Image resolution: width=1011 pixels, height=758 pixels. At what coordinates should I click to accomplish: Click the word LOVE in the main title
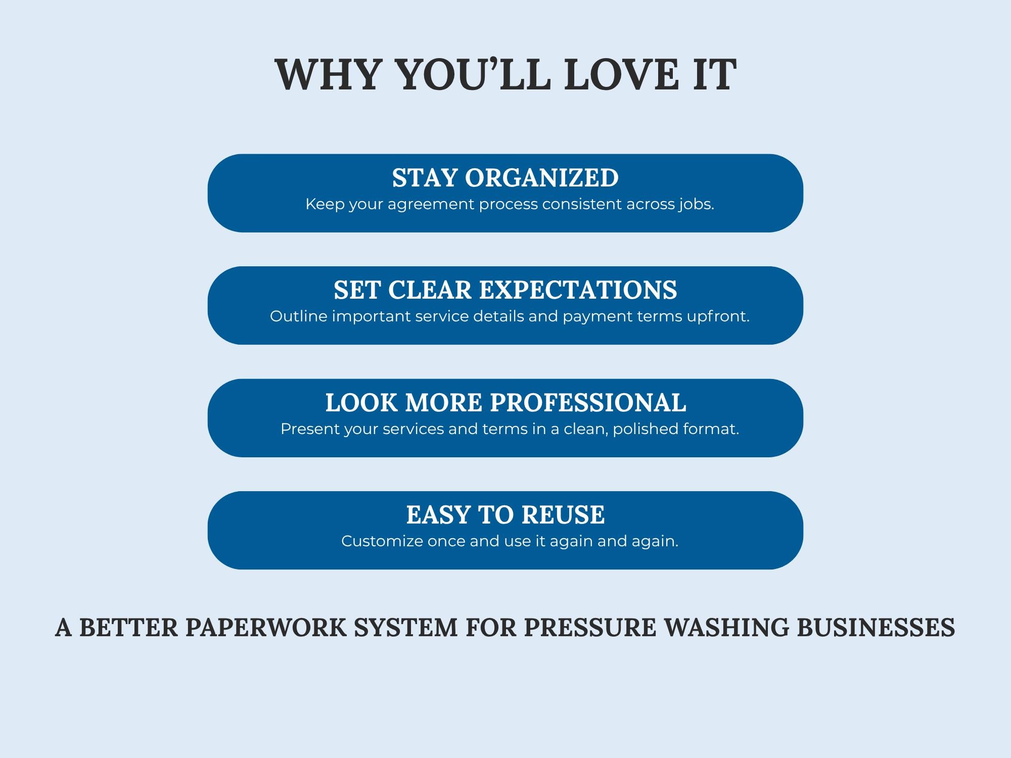(621, 74)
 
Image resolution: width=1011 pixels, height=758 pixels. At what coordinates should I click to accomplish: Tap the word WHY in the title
(327, 74)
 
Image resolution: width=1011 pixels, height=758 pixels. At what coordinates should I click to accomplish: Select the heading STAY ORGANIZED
(505, 178)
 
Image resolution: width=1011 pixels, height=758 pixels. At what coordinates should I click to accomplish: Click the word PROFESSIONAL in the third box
(588, 403)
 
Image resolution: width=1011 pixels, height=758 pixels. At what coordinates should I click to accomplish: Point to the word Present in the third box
(310, 429)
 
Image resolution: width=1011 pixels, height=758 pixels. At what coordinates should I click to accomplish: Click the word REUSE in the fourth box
(563, 515)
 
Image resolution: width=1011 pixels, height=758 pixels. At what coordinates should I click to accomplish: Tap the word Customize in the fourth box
(382, 541)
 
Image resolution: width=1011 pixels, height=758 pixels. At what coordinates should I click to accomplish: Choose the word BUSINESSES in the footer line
(876, 627)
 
